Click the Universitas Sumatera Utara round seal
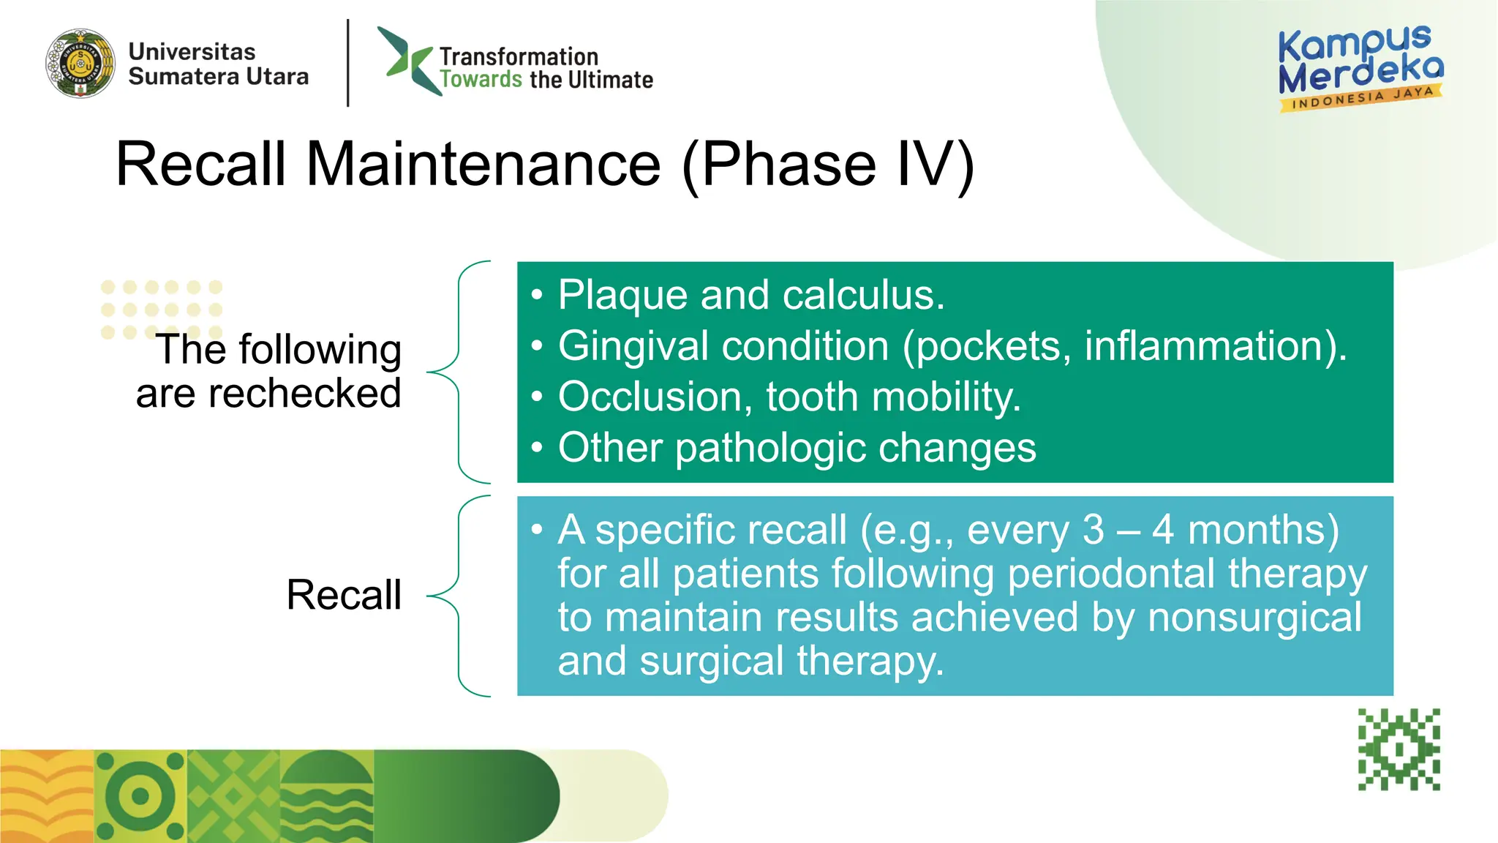point(80,64)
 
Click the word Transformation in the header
point(519,56)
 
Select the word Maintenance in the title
point(483,164)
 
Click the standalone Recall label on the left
point(344,594)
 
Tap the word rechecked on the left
point(304,394)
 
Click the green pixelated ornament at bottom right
point(1399,749)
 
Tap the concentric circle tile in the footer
point(140,796)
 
